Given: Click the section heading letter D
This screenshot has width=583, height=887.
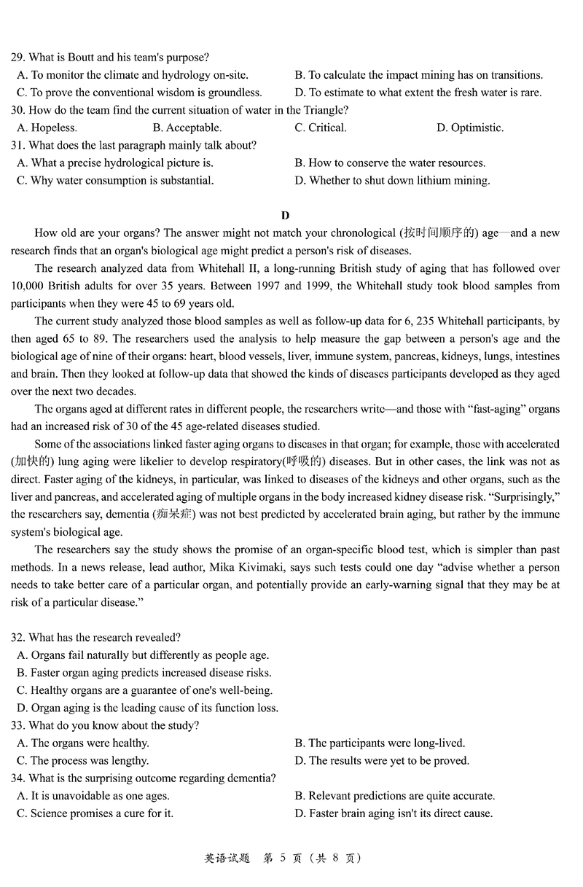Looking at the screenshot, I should click(285, 215).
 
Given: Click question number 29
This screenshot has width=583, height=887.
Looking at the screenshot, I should click(18, 57).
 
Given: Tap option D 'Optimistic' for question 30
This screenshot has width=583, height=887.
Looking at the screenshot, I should click(470, 128).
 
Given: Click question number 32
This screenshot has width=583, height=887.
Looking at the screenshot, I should click(18, 638).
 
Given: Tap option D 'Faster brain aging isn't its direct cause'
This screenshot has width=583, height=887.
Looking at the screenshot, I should click(394, 813).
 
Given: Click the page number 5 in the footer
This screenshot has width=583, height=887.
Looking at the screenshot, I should click(267, 858).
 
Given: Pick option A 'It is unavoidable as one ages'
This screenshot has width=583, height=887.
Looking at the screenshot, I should click(93, 795).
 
